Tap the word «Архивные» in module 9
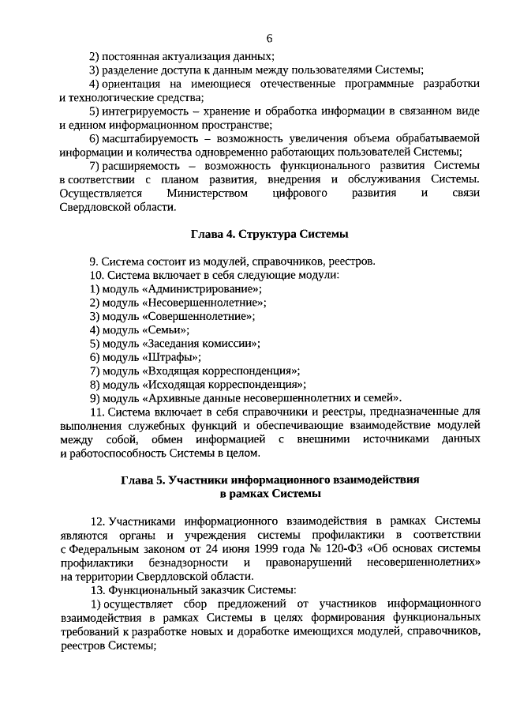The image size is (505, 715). (170, 397)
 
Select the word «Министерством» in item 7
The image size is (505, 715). (207, 193)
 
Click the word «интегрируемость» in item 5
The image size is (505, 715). (140, 111)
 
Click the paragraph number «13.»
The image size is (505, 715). (98, 590)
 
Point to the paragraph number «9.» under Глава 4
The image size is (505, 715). (94, 262)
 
